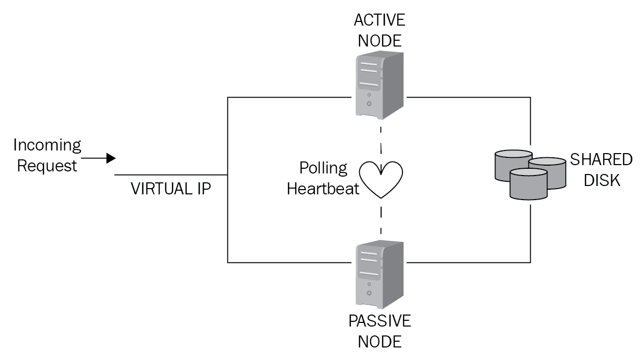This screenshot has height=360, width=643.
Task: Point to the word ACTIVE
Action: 380,20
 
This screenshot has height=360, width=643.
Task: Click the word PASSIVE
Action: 380,321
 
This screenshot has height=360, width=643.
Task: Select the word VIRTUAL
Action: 160,189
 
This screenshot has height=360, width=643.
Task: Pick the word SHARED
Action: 601,159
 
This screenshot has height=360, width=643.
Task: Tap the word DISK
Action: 601,180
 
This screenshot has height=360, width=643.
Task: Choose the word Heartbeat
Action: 323,189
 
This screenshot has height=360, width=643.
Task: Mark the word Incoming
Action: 47,145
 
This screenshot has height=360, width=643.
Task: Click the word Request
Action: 47,166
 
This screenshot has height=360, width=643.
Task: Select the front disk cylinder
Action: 528,183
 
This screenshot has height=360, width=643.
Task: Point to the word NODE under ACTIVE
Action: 380,41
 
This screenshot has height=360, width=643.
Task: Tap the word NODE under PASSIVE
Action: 380,342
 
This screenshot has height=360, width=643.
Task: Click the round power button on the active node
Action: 370,103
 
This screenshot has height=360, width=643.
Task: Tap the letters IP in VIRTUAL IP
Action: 203,189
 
